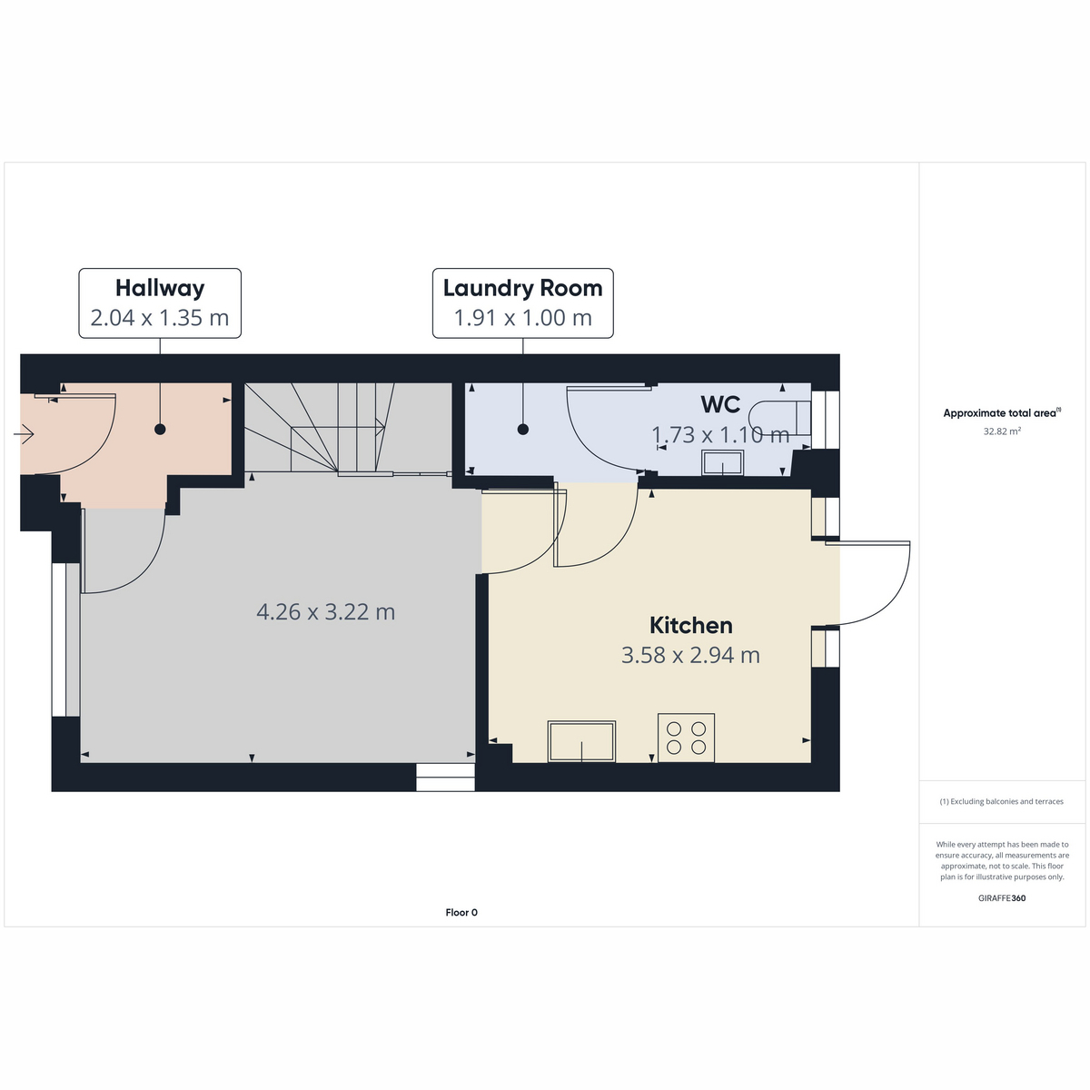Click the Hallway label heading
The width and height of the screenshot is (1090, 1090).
160,289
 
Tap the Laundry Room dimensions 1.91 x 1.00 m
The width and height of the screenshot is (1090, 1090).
523,318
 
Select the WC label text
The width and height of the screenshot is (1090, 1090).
720,404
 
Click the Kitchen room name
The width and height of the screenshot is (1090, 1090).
690,625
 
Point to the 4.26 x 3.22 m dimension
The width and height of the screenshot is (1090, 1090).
326,611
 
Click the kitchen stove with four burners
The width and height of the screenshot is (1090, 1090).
686,738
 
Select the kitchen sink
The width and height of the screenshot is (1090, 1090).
581,741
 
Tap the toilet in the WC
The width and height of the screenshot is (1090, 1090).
779,418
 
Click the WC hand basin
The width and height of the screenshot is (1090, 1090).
722,462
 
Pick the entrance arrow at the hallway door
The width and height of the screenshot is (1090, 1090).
24,434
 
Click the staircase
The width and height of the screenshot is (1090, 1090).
348,428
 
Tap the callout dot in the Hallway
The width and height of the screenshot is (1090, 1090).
160,430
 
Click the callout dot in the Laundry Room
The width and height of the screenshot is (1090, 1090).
523,430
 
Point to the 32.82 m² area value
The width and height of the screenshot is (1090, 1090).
1002,431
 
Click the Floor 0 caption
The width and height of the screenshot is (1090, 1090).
461,912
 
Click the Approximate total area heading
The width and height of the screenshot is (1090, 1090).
1002,413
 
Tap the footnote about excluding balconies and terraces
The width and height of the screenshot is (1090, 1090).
1002,801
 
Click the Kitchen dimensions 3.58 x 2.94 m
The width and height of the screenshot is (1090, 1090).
690,655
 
